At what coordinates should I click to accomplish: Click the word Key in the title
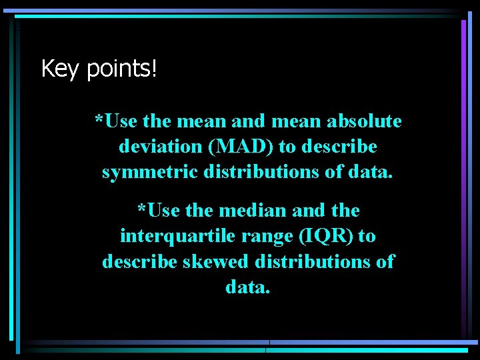point(59,69)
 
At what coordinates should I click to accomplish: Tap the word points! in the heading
point(122,69)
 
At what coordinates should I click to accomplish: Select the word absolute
point(364,121)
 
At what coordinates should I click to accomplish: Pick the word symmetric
point(148,172)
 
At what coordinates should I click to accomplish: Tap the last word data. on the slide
point(248,287)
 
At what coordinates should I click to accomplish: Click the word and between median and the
point(308,211)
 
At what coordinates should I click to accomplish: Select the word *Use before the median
point(159,211)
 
